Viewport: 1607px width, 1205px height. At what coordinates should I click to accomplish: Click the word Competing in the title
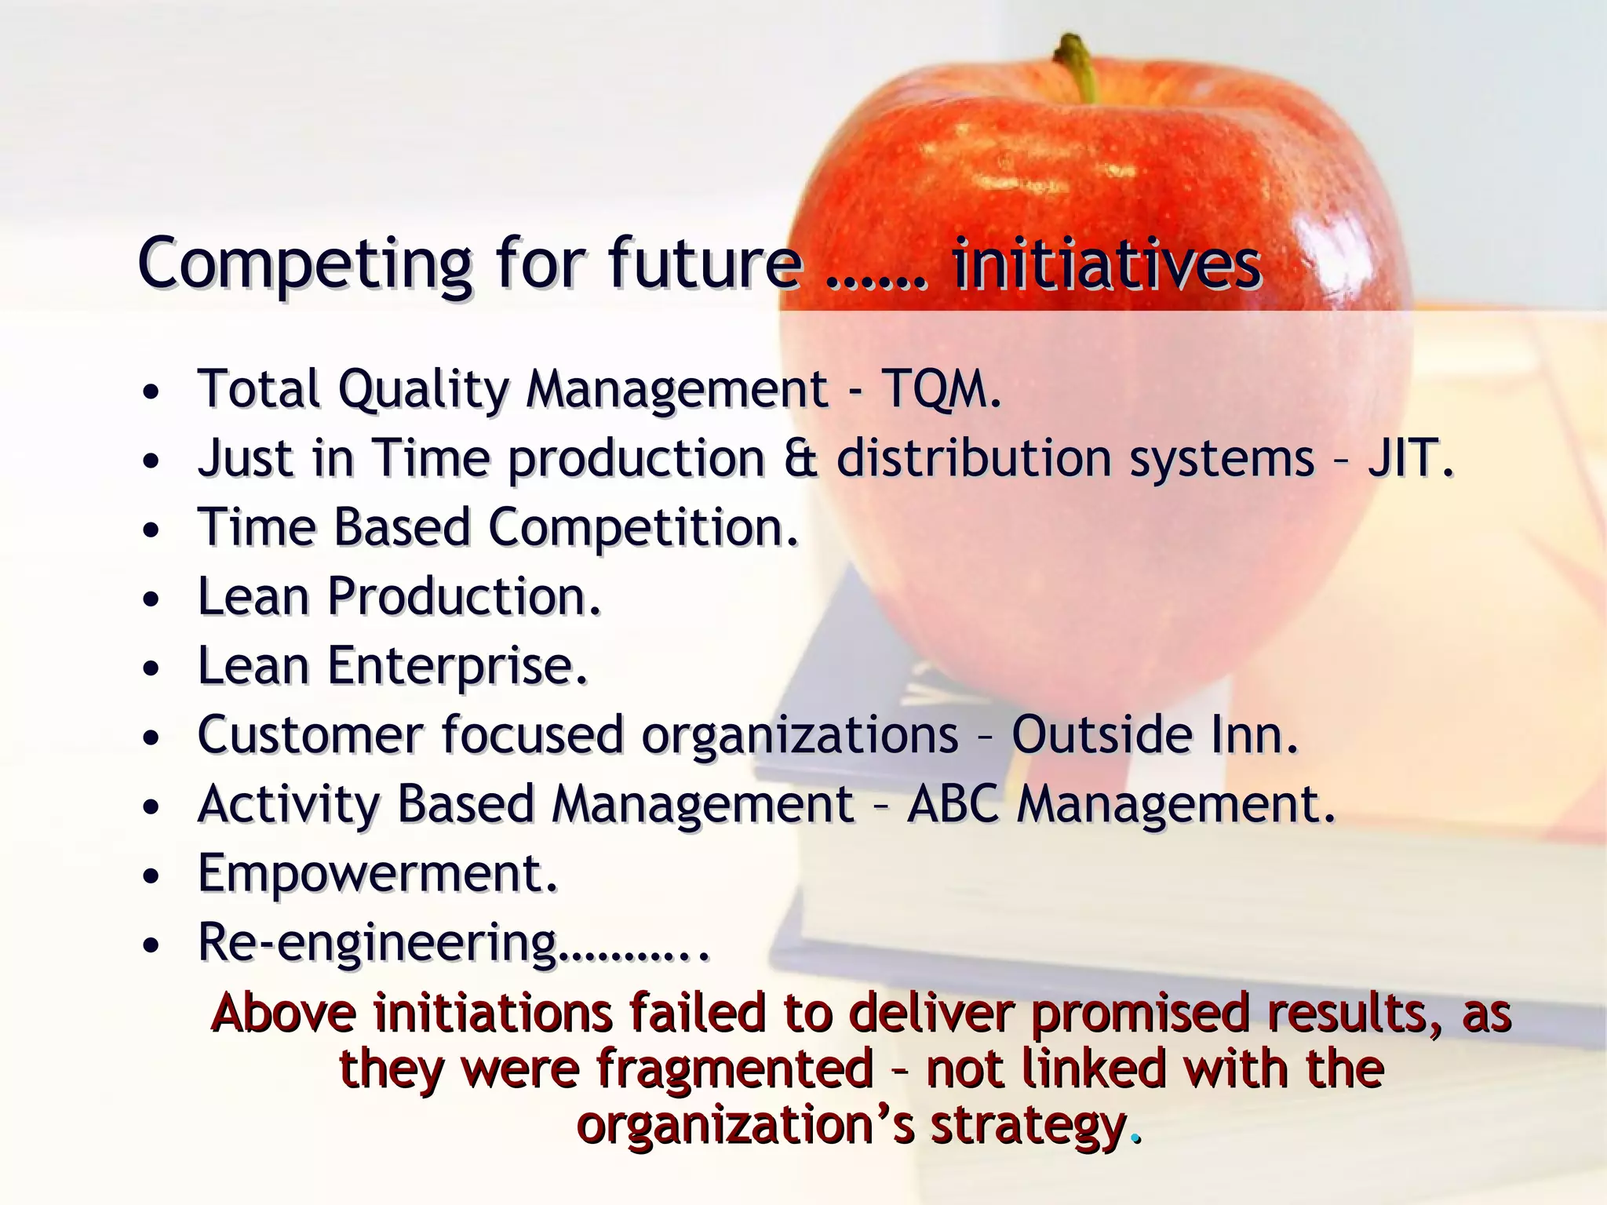304,264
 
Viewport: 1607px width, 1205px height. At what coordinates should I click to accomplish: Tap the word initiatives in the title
1106,264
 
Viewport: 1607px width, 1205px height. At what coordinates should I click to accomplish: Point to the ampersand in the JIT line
800,458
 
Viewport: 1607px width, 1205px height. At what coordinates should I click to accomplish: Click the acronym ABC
952,804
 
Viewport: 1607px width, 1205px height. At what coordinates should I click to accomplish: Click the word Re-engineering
377,943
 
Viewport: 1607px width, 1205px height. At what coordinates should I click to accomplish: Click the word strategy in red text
1028,1126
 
